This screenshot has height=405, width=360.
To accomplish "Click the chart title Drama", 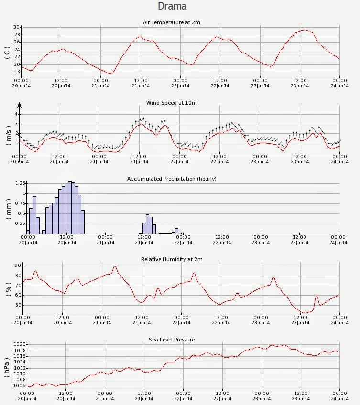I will click(x=172, y=6).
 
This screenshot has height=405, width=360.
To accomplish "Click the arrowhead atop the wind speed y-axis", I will click(x=20, y=105).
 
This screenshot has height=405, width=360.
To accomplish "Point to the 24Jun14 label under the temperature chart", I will click(x=339, y=86).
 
